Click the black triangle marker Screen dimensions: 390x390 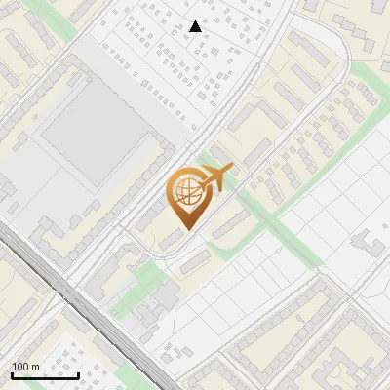(196, 26)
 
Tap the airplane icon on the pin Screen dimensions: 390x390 (216, 177)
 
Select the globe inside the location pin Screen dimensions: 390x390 (186, 192)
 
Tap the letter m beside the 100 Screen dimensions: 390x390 (36, 367)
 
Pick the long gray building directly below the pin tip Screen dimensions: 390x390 (194, 260)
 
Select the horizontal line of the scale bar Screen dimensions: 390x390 (45, 375)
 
